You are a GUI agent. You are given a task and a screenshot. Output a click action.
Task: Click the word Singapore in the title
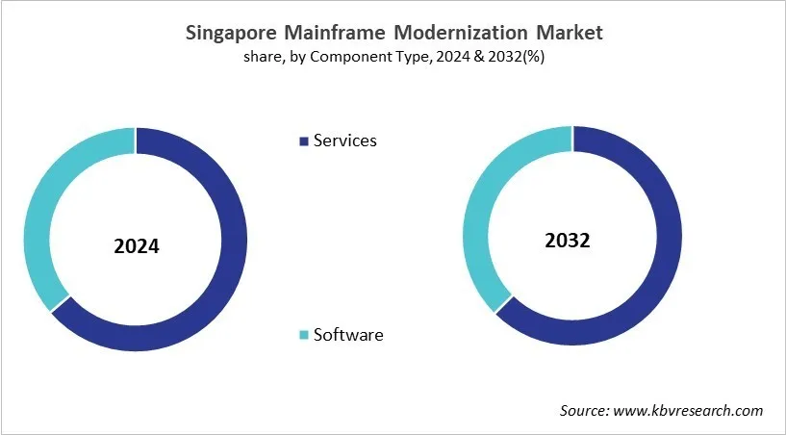point(229,33)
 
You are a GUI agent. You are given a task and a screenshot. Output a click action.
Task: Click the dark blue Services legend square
point(305,141)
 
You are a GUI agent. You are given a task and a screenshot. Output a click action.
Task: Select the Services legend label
point(345,141)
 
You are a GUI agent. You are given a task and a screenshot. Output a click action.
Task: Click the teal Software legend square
point(305,335)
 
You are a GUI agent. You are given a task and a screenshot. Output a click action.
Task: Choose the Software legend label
point(348,335)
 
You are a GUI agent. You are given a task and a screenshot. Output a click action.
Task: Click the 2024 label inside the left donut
point(136,246)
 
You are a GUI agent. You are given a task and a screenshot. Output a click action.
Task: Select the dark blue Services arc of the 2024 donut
point(232,260)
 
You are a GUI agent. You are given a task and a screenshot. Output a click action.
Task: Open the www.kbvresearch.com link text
point(689,410)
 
